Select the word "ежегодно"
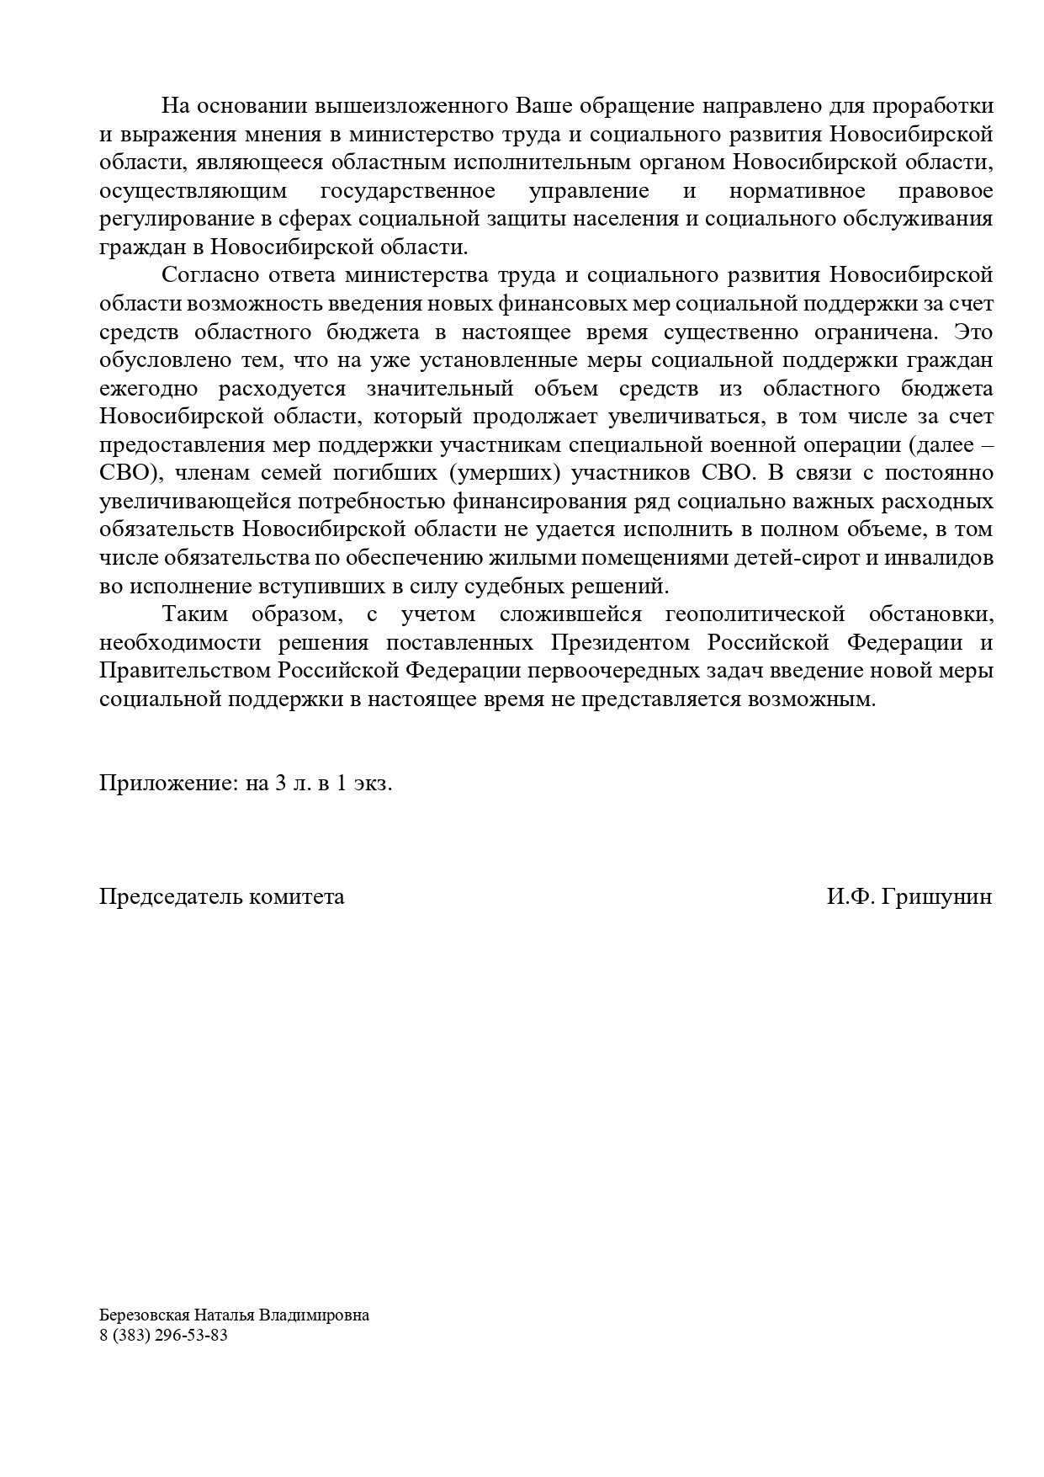[x=149, y=389]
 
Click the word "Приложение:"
[x=169, y=784]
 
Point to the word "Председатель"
[x=172, y=896]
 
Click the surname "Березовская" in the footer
[x=145, y=1315]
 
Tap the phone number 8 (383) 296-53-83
[x=163, y=1336]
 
